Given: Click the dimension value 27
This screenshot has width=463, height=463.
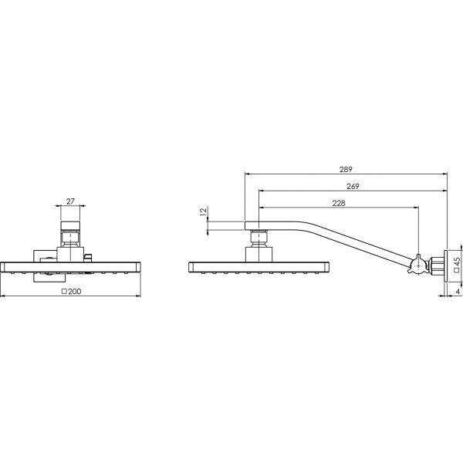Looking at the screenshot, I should pyautogui.click(x=70, y=201).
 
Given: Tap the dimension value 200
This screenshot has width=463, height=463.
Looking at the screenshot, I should pyautogui.click(x=73, y=292).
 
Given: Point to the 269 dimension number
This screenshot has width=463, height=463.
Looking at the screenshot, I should pyautogui.click(x=352, y=186).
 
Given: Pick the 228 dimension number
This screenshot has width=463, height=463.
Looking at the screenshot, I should pyautogui.click(x=337, y=203).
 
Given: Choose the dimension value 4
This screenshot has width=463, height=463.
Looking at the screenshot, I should pyautogui.click(x=458, y=292).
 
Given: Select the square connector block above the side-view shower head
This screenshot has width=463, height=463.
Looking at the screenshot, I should pyautogui.click(x=260, y=252).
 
